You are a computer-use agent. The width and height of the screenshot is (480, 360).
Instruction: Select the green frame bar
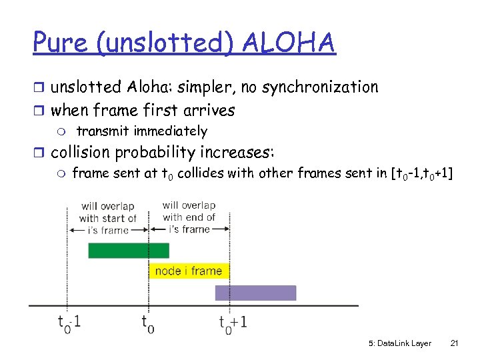(129, 250)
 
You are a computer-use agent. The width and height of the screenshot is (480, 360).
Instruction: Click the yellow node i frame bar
(189, 271)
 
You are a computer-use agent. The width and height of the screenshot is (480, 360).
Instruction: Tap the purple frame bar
(255, 293)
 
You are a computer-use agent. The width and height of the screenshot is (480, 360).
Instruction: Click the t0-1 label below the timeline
(69, 323)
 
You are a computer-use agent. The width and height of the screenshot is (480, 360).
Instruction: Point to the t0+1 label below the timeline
(233, 323)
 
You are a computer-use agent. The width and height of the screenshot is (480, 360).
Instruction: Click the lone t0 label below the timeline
(147, 323)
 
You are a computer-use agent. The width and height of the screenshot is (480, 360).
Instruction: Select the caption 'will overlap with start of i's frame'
(107, 218)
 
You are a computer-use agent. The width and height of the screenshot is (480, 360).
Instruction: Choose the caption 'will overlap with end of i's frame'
(189, 217)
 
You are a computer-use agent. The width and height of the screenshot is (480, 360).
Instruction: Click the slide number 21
(455, 343)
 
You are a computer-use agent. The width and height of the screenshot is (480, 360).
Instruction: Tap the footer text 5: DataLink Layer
(399, 343)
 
